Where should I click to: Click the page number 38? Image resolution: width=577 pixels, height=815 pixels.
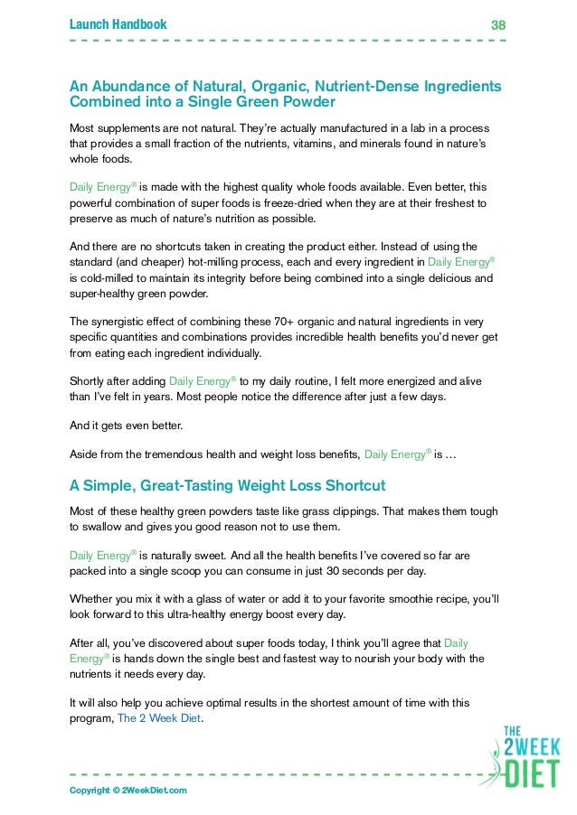(497, 25)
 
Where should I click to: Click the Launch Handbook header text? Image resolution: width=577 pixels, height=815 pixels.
(118, 24)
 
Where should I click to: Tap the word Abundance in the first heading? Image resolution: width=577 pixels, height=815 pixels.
(134, 85)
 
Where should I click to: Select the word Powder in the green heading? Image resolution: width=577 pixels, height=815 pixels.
(300, 102)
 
